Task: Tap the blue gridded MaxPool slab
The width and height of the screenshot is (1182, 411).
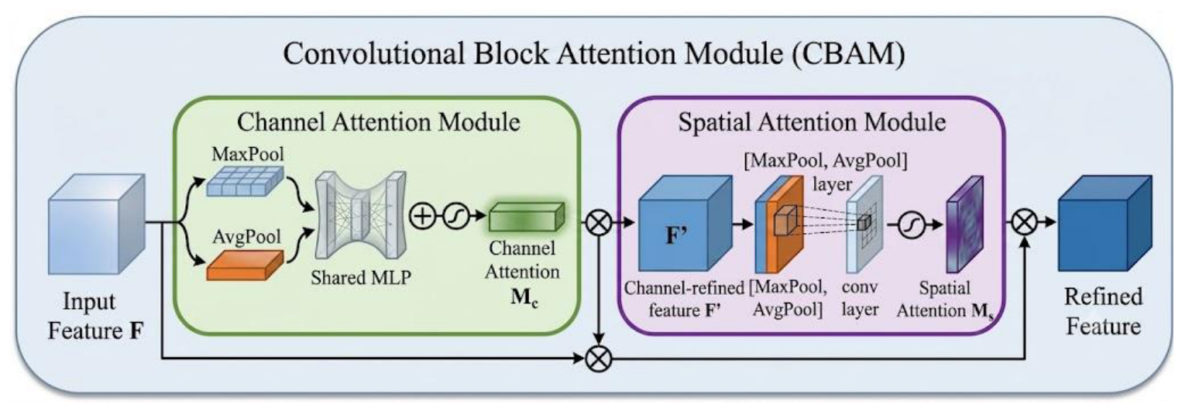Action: [x=244, y=181]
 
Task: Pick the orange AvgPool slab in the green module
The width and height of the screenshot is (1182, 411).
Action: [x=245, y=265]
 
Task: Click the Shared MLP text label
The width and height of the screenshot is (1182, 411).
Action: [x=361, y=278]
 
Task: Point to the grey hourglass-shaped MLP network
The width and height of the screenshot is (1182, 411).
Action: [x=361, y=215]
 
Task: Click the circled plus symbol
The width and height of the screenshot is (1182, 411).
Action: [x=423, y=216]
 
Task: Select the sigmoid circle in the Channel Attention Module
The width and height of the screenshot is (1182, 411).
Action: [x=455, y=216]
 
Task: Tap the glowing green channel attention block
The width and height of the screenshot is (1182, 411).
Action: [x=526, y=217]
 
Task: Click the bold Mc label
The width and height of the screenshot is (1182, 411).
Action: [x=524, y=298]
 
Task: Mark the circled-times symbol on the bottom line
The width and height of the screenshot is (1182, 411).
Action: [x=599, y=359]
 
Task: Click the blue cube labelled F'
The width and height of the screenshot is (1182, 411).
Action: [x=685, y=224]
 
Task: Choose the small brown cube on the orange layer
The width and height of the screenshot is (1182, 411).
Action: [x=785, y=221]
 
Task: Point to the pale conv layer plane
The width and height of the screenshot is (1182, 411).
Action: [x=864, y=224]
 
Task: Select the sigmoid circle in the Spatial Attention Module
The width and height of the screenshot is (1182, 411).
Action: [x=911, y=224]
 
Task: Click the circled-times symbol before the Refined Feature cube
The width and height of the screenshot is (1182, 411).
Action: [x=1025, y=223]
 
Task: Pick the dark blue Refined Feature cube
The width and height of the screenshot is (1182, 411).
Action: [x=1105, y=223]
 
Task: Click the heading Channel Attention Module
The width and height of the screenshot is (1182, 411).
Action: [x=378, y=122]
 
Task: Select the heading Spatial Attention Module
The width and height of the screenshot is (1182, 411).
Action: [x=812, y=122]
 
